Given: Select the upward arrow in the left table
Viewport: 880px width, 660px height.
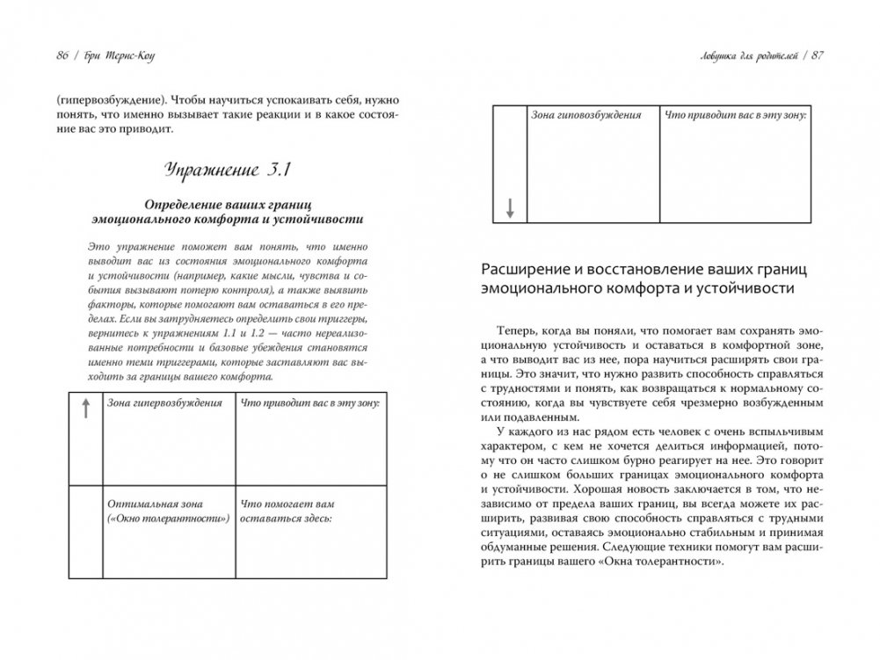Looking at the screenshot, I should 85,408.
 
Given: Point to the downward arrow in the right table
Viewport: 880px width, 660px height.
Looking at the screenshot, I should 511,208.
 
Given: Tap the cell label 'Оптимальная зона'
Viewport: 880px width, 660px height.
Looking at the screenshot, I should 154,504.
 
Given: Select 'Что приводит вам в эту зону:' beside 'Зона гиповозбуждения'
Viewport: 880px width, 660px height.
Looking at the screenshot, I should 735,115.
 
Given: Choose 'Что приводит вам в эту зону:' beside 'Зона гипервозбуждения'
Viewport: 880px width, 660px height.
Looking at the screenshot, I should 309,404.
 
